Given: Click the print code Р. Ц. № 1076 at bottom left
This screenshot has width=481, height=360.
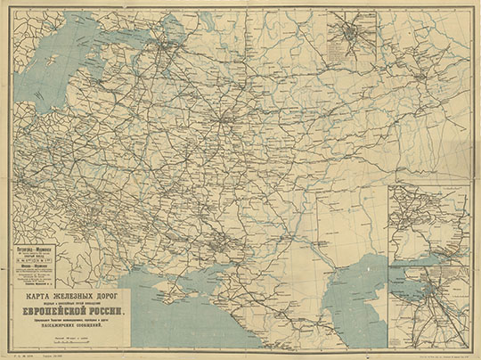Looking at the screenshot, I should [18, 353].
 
